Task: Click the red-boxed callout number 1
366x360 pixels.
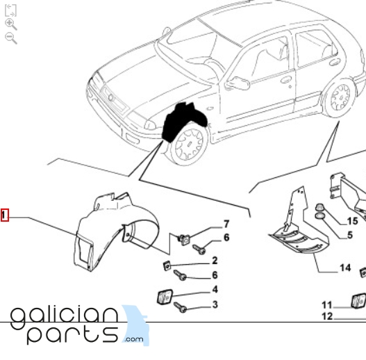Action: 5,215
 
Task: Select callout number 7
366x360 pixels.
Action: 226,224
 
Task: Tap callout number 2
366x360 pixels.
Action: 215,261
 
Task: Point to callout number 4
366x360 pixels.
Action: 215,289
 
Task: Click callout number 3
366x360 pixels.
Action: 215,304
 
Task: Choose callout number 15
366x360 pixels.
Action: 353,221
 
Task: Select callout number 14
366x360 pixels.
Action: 345,268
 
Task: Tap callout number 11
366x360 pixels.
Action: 327,305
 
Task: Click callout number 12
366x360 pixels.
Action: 327,316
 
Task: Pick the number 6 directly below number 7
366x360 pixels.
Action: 226,238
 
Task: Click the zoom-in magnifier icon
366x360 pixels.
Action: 10,24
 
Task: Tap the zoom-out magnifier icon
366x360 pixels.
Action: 10,38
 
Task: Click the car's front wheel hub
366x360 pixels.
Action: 190,143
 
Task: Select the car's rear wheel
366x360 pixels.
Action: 340,98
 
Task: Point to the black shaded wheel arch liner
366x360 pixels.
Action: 183,122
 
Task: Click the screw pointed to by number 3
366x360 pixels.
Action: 180,307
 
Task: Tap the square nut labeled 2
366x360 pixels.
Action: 167,266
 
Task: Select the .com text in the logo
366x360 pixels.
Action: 134,339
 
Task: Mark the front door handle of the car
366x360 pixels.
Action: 286,79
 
